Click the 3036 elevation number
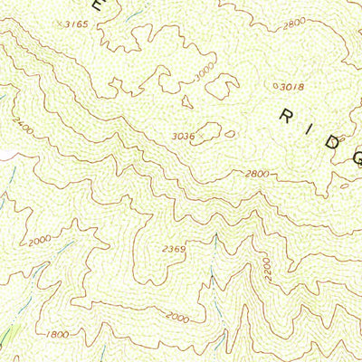pos(183,137)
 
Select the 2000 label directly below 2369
pos(177,318)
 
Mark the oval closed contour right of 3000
pos(220,88)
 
